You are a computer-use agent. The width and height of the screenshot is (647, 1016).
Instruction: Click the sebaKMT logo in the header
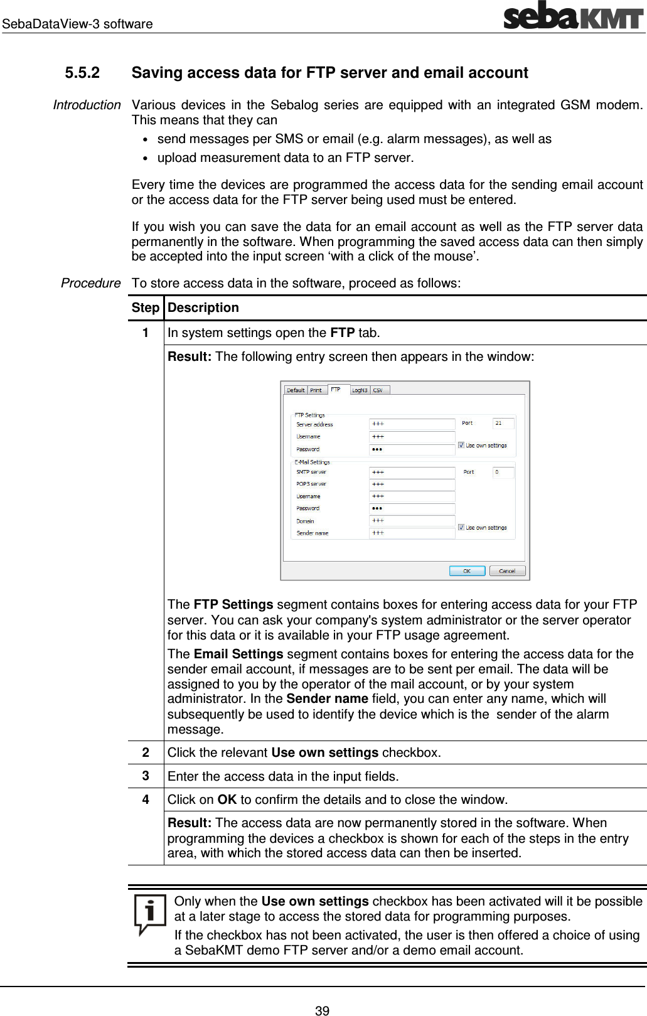(573, 15)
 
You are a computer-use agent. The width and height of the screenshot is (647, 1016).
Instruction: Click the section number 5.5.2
(82, 73)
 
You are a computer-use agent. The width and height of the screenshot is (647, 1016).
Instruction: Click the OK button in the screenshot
(467, 571)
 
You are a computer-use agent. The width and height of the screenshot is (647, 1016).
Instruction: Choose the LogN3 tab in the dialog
(360, 390)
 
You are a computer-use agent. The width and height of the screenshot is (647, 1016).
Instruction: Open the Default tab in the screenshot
(296, 390)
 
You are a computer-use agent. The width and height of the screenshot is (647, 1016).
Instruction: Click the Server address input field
(412, 424)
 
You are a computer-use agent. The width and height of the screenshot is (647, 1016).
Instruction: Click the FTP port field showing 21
(503, 424)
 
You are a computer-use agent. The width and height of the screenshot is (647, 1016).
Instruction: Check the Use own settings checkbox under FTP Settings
(461, 446)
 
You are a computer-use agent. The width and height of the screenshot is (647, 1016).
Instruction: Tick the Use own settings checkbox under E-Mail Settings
(461, 528)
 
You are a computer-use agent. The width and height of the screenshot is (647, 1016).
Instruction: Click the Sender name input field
(412, 533)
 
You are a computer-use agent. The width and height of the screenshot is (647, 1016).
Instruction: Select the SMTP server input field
(412, 472)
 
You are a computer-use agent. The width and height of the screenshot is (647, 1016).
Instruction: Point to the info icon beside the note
(150, 914)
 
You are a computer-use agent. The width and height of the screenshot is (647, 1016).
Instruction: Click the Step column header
(145, 308)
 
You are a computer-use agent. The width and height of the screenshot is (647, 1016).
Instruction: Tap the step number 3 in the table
(145, 776)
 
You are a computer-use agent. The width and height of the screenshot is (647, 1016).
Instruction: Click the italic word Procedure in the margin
(90, 283)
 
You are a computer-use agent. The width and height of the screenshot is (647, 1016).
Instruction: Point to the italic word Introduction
(87, 105)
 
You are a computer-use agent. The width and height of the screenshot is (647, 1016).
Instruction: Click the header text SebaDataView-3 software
(77, 24)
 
